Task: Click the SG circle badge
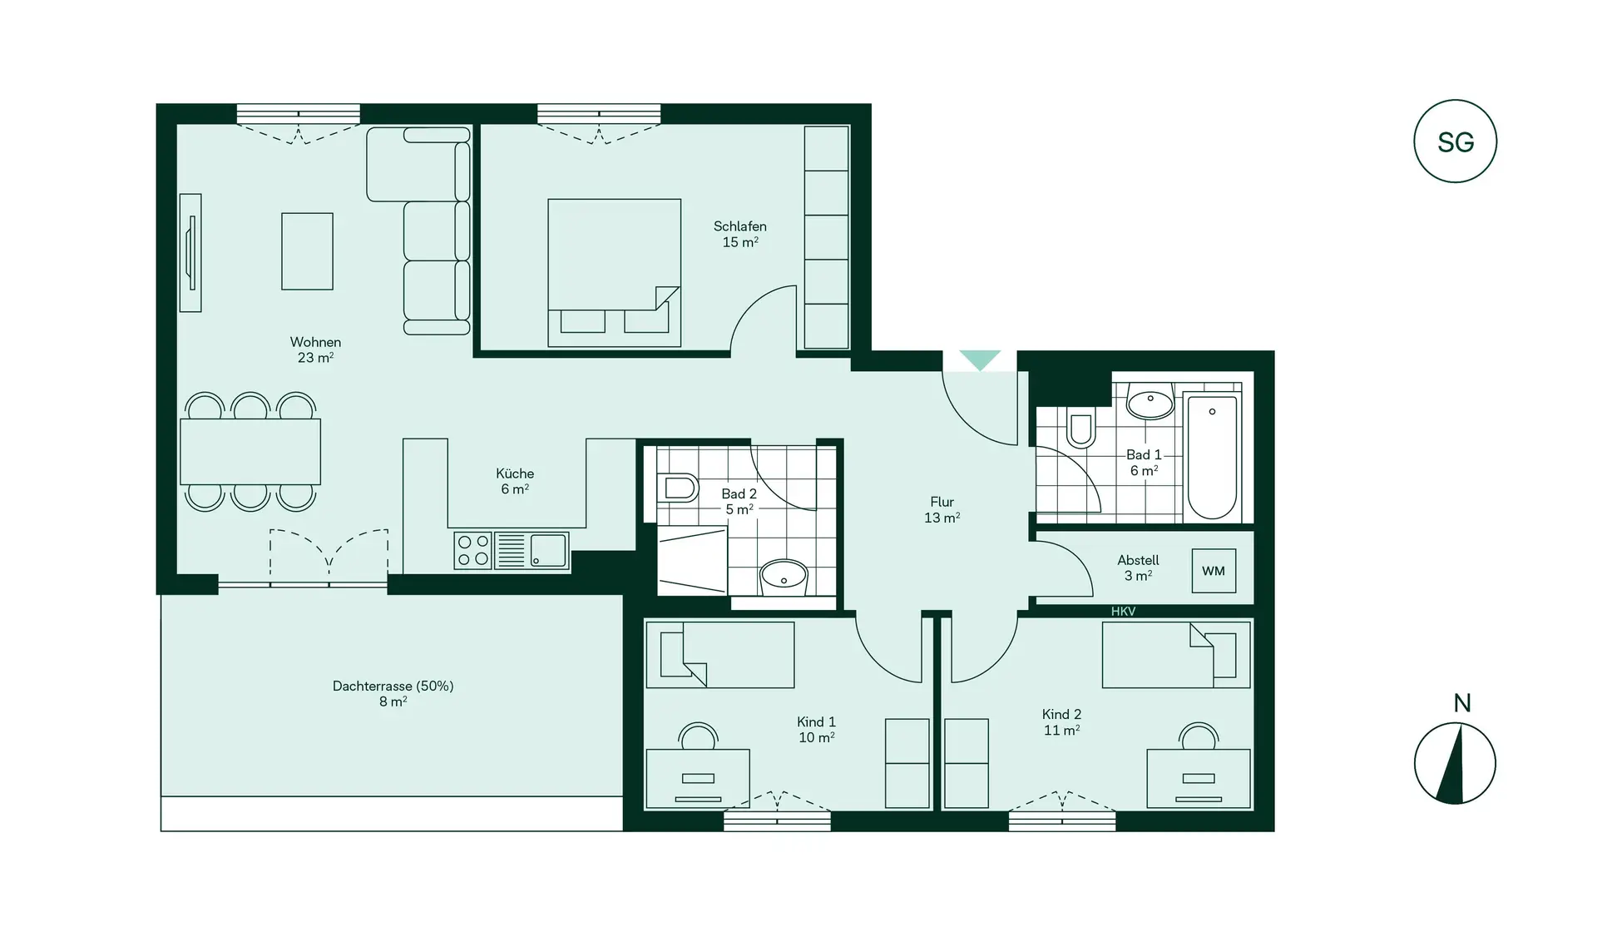coord(1455,141)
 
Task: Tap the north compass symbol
coord(1455,763)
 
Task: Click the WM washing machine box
coord(1214,571)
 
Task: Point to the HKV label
coord(1123,612)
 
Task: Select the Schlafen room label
coord(739,234)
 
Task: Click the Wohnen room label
coord(315,349)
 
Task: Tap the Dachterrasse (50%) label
coord(393,693)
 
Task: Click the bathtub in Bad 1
coord(1212,457)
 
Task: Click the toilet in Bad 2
coord(678,488)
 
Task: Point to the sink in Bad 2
coord(784,575)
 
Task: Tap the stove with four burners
coord(473,551)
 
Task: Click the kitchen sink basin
coord(548,550)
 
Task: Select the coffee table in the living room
coord(307,251)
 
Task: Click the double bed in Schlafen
coord(614,272)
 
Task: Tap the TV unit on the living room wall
coord(190,253)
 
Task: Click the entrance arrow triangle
coord(980,359)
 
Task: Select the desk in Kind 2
coord(1198,778)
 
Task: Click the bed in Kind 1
coord(719,655)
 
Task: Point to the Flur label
coord(942,509)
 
